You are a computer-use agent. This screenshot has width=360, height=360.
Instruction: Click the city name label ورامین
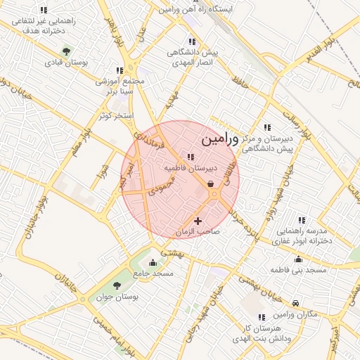220,139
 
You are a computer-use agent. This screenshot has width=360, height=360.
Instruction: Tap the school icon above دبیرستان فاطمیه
190,157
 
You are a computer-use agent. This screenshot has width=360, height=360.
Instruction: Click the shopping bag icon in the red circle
211,184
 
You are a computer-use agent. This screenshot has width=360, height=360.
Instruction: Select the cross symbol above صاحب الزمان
198,221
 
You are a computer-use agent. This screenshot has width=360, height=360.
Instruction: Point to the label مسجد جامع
158,273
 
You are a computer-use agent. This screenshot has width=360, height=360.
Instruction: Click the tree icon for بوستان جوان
117,285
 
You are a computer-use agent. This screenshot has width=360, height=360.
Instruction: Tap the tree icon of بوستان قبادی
66,51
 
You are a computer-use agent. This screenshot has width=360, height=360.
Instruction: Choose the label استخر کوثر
117,115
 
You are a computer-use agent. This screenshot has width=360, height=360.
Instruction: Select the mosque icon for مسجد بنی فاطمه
298,259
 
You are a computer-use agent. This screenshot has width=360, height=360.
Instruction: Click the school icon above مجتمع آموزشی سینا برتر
120,70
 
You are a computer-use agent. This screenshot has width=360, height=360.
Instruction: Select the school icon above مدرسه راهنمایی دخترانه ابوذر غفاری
302,220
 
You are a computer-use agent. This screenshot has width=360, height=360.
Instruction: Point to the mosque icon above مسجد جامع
153,262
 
